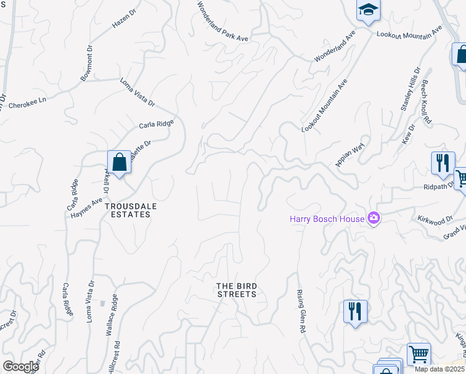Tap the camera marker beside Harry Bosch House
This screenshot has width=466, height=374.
coord(374,218)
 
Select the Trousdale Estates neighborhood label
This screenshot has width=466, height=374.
coord(128,209)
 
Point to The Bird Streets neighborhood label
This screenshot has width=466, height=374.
coord(237,290)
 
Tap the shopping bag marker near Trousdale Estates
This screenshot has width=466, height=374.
coord(118,163)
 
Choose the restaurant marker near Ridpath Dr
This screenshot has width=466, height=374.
coord(442,163)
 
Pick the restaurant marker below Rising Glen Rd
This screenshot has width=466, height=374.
coord(355,311)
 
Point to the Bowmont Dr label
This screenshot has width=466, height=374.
coord(86,62)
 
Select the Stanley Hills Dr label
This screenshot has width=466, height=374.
coord(411,89)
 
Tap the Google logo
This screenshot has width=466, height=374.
coord(21,367)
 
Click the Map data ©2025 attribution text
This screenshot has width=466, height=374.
coord(440,369)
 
